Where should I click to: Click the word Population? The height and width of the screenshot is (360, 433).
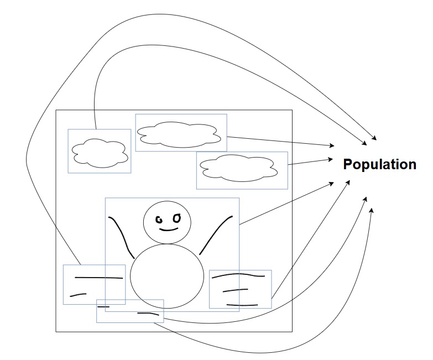click(379, 164)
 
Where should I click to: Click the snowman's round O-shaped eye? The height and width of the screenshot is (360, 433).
click(176, 218)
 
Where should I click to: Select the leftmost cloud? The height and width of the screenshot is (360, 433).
click(99, 152)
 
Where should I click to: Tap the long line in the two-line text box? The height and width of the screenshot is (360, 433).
click(98, 276)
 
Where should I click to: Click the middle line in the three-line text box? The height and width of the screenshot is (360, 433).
click(235, 290)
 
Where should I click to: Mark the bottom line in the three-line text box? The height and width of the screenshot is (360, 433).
click(242, 305)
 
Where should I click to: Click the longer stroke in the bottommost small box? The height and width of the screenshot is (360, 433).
click(148, 314)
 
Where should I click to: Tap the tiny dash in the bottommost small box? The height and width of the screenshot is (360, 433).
click(105, 306)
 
